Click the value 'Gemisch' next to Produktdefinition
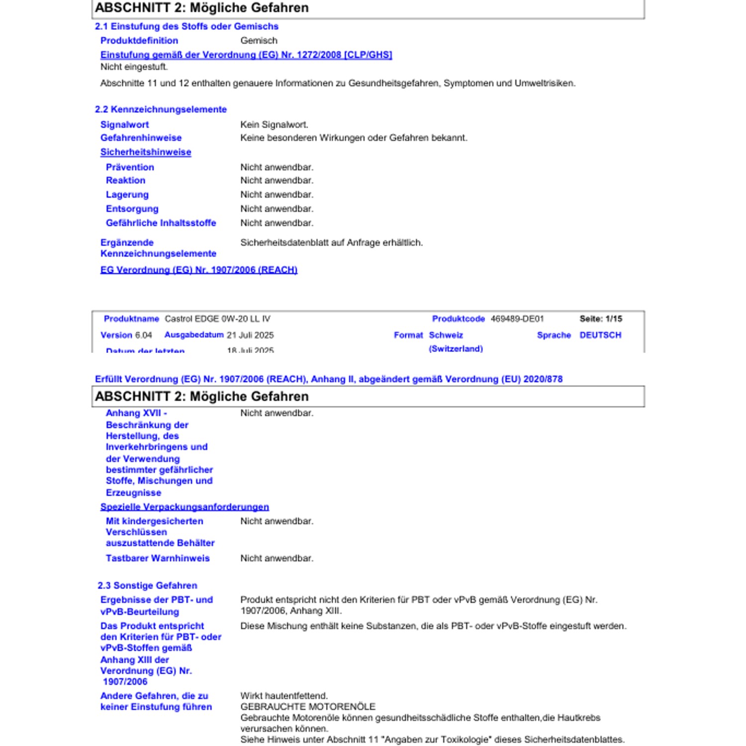click(x=259, y=41)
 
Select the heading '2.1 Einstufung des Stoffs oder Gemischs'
click(x=186, y=26)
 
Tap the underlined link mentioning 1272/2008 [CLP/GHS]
click(x=246, y=55)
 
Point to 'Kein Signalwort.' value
click(x=274, y=125)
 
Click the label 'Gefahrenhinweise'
click(x=141, y=138)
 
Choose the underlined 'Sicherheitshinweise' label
click(x=146, y=152)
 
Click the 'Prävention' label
click(x=130, y=167)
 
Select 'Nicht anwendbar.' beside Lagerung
click(x=277, y=194)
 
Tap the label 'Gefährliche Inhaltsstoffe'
click(x=161, y=223)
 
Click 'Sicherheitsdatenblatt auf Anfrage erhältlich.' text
click(x=331, y=243)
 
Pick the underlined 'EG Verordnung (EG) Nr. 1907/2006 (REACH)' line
click(x=199, y=270)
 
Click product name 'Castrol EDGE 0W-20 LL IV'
click(x=217, y=319)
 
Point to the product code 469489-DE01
click(x=517, y=319)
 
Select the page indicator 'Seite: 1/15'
click(x=601, y=319)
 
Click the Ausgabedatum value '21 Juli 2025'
click(x=250, y=335)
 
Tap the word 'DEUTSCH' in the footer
click(x=600, y=335)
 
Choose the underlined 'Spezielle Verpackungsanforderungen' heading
click(x=185, y=507)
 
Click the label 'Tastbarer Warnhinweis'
click(x=158, y=558)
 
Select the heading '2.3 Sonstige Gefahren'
click(x=147, y=585)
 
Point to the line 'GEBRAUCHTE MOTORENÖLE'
click(x=308, y=707)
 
